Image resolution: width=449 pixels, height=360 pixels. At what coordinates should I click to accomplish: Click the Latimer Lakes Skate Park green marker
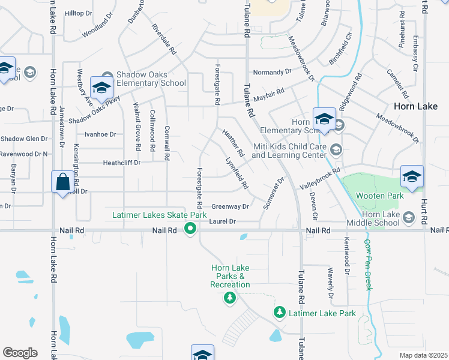pyautogui.click(x=190, y=228)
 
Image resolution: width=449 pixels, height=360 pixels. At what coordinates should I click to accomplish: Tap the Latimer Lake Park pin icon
pyautogui.click(x=279, y=313)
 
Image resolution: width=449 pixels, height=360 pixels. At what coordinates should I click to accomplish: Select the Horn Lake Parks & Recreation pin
pyautogui.click(x=229, y=298)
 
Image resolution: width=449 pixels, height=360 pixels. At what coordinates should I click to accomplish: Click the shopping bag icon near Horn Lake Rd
pyautogui.click(x=62, y=182)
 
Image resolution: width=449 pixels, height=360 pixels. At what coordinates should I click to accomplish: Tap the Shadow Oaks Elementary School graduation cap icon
pyautogui.click(x=101, y=88)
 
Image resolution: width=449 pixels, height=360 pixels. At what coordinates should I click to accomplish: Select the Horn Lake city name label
pyautogui.click(x=415, y=106)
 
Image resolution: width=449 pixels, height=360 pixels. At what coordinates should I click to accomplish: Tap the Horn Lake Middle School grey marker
pyautogui.click(x=409, y=217)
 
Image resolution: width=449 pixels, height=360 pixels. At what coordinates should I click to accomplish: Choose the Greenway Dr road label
pyautogui.click(x=230, y=206)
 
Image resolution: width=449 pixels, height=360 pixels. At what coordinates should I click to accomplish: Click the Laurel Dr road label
pyautogui.click(x=223, y=221)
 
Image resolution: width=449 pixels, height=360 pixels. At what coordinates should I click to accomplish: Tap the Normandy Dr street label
pyautogui.click(x=272, y=72)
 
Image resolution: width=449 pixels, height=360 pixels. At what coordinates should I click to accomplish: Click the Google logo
pyautogui.click(x=20, y=353)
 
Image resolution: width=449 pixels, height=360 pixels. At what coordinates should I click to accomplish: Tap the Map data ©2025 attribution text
pyautogui.click(x=423, y=355)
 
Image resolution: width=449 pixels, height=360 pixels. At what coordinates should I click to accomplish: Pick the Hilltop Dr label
pyautogui.click(x=77, y=13)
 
